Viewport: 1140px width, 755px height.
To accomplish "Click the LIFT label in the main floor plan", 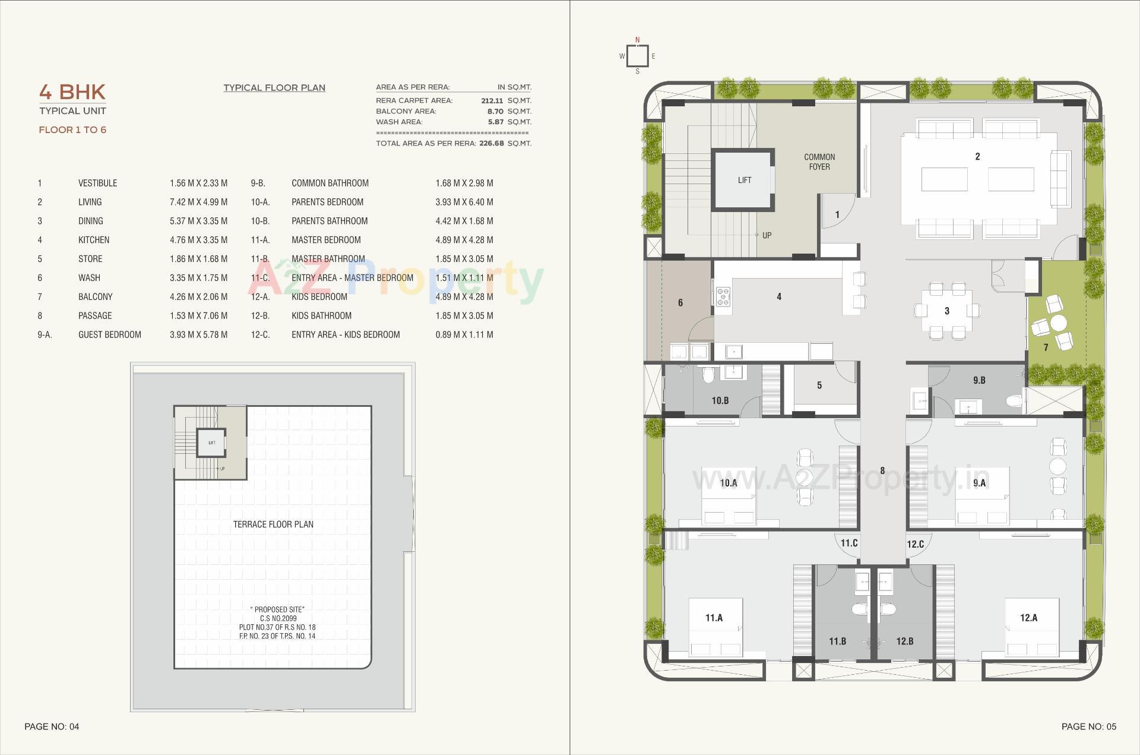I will click(744, 180).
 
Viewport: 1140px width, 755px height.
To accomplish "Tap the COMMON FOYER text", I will click(819, 162).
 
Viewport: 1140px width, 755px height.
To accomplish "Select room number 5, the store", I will click(819, 386).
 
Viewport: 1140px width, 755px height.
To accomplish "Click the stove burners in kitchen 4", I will click(723, 296).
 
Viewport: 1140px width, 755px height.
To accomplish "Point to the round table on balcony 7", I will click(1058, 323).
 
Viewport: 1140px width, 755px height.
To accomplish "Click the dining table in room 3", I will click(946, 311).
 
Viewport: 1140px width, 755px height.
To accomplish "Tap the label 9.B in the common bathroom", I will click(978, 380).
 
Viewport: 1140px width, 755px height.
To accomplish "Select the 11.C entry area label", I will click(848, 543).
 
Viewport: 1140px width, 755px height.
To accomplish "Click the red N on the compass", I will click(638, 40).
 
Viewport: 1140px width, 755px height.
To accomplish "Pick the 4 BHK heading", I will click(72, 92).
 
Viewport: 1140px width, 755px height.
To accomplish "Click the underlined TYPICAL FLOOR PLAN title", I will click(274, 88).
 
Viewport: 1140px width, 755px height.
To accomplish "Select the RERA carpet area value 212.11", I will click(492, 101).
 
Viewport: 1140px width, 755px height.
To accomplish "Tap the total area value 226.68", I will click(491, 143).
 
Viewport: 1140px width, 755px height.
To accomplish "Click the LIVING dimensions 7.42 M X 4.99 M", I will click(198, 202).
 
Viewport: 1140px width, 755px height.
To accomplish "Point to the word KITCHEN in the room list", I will click(94, 240).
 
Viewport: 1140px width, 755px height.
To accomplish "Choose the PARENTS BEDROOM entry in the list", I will click(327, 202).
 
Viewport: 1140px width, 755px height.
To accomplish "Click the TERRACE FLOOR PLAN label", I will click(273, 524).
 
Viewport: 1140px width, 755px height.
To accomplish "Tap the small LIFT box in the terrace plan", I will click(211, 443).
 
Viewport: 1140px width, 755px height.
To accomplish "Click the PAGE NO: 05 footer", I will click(1088, 726).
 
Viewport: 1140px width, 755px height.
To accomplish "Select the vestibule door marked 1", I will click(837, 214).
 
